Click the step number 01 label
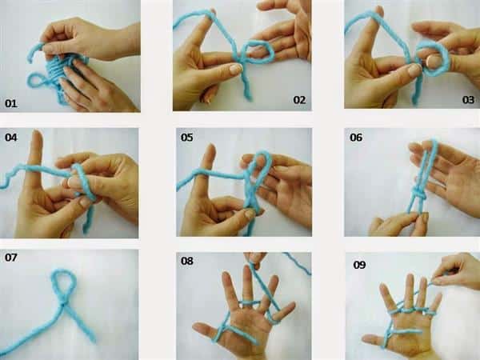(x=10, y=103)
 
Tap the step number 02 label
(x=299, y=100)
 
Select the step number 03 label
(x=468, y=100)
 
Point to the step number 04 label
(x=10, y=137)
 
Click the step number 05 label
(x=186, y=137)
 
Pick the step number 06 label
(x=356, y=137)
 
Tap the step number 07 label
(x=10, y=258)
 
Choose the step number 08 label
(x=186, y=261)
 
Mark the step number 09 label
(x=359, y=265)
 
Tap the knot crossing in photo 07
(x=63, y=304)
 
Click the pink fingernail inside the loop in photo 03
(x=432, y=61)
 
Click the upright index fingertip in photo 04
(x=37, y=134)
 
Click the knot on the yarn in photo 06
(x=418, y=194)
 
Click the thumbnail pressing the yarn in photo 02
(x=236, y=69)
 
